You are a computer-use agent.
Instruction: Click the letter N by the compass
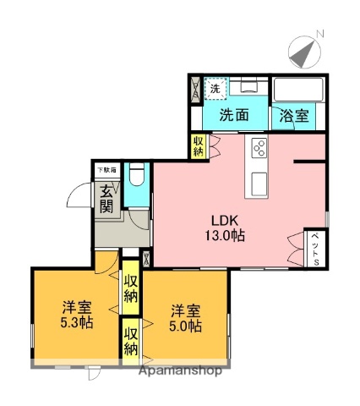[320, 35]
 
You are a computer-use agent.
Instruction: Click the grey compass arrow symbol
[303, 54]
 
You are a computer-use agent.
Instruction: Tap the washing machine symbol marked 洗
[215, 89]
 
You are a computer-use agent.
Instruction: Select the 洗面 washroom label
[235, 116]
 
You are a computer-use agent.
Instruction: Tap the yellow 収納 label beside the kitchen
[199, 145]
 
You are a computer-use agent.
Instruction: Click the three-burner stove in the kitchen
[257, 150]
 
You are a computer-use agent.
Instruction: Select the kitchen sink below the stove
[257, 179]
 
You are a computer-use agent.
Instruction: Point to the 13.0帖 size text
[223, 237]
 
